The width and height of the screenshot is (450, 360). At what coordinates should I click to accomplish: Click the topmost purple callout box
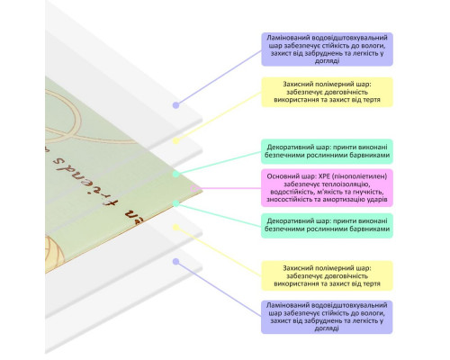tap(327, 49)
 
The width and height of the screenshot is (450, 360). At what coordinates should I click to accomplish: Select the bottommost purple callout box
tap(327, 317)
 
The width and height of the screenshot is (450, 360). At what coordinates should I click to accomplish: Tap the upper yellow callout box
tap(327, 92)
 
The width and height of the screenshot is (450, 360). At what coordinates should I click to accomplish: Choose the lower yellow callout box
tap(327, 275)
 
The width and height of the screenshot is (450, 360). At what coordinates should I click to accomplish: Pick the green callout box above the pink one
tap(327, 151)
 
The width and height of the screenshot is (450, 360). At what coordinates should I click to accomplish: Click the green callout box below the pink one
tap(327, 225)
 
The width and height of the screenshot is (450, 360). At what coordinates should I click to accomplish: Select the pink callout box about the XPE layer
tap(327, 188)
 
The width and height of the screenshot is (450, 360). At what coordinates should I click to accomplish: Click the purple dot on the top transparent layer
tap(176, 105)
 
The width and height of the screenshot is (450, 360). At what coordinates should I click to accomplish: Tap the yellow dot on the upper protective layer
tap(176, 140)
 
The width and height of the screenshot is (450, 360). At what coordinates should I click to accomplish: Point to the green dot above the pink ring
tap(176, 174)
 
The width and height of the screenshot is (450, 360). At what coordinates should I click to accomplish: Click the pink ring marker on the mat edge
tap(193, 188)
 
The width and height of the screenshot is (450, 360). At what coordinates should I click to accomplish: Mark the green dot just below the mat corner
tap(176, 203)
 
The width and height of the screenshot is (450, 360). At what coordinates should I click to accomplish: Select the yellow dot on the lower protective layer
tap(176, 228)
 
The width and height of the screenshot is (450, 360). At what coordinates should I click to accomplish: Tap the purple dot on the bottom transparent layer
tap(176, 262)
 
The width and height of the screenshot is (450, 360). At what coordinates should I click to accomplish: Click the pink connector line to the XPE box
tap(229, 188)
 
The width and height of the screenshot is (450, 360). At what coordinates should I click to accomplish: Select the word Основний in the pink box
tap(281, 176)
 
